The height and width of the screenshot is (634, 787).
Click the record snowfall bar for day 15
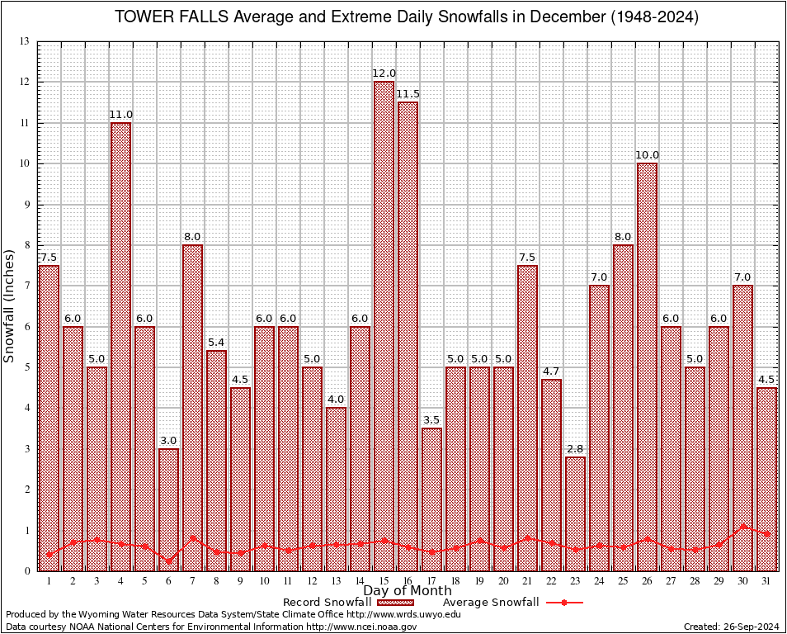384,326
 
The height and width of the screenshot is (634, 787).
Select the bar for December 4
120,347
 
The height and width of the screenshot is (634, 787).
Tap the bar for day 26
647,367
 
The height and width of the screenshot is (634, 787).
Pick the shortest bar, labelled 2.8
575,513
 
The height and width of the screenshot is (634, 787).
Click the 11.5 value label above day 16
408,94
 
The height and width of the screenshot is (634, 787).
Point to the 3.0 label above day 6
168,441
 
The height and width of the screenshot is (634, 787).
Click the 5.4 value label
216,343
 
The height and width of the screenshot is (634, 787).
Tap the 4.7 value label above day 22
551,371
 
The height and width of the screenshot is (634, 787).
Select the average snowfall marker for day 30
742,526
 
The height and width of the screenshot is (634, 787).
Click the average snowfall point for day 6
168,561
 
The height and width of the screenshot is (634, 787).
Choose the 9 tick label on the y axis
26,204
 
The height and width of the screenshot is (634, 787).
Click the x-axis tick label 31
766,581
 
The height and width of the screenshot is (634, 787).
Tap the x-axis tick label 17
431,581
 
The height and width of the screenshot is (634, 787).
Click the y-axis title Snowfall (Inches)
10,305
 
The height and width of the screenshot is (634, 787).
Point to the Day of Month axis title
408,591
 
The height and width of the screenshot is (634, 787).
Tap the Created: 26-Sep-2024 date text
731,627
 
